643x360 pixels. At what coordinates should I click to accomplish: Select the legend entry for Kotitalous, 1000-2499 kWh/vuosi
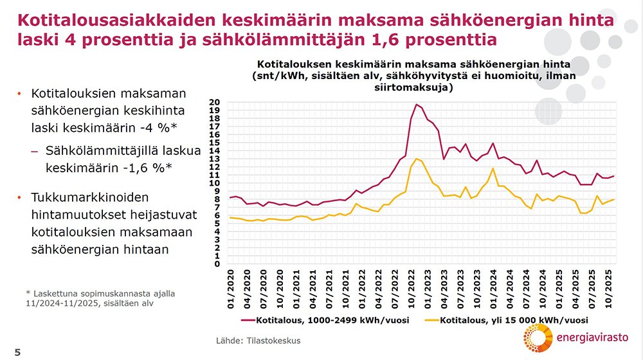pos(321,319)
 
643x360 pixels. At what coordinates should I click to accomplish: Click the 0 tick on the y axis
pos(217,264)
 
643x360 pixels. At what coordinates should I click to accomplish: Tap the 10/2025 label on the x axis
pos(607,287)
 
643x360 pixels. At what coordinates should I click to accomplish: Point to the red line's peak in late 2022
pos(417,104)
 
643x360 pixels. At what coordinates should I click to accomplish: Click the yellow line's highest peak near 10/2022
pos(417,158)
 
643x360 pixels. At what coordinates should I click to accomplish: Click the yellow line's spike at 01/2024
pos(493,168)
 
